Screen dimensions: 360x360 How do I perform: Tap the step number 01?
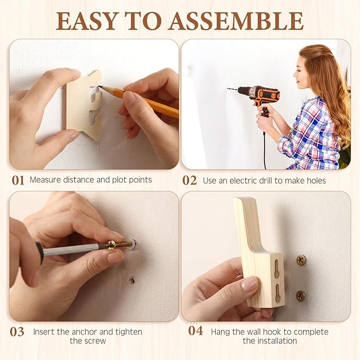click(18, 180)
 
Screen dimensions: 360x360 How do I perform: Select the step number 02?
click(189, 180)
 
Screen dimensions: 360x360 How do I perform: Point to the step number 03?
click(17, 332)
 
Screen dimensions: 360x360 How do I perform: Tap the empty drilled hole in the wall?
click(131, 281)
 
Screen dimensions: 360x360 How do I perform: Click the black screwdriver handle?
click(39, 253)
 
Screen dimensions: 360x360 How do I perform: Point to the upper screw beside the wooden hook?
click(301, 260)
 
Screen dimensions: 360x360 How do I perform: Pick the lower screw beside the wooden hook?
click(301, 295)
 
